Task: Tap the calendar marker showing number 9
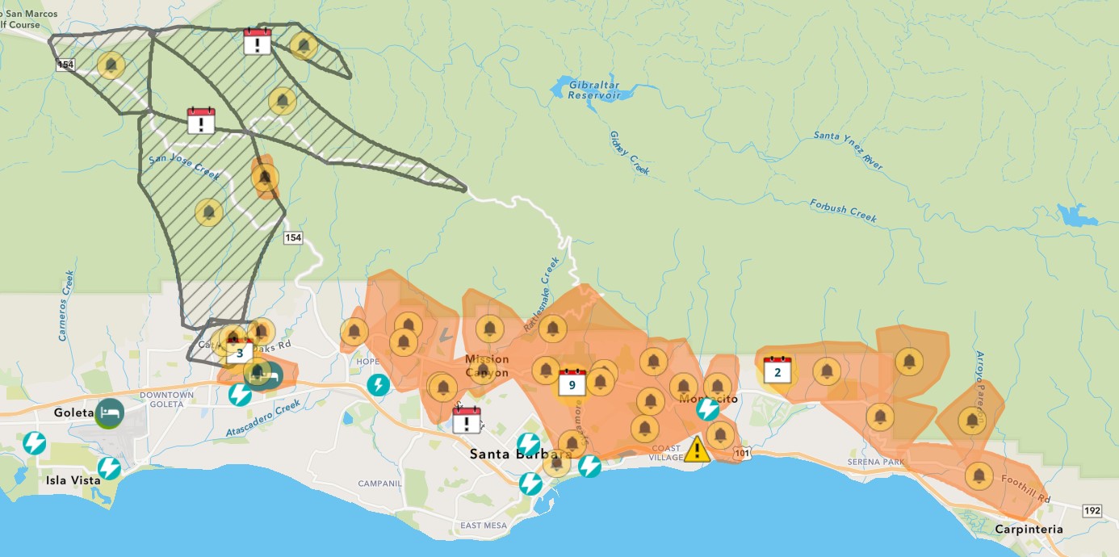[x=572, y=382]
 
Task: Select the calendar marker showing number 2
[x=777, y=370]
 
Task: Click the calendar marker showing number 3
[x=240, y=351]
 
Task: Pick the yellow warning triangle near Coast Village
[x=698, y=449]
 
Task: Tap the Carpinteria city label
[x=1029, y=530]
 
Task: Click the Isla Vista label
[x=73, y=480]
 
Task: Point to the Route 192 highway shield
[x=1092, y=510]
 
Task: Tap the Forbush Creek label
[x=843, y=212]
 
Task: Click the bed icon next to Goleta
[x=111, y=413]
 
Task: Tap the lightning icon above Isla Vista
[x=109, y=468]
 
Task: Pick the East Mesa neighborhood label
[x=483, y=526]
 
